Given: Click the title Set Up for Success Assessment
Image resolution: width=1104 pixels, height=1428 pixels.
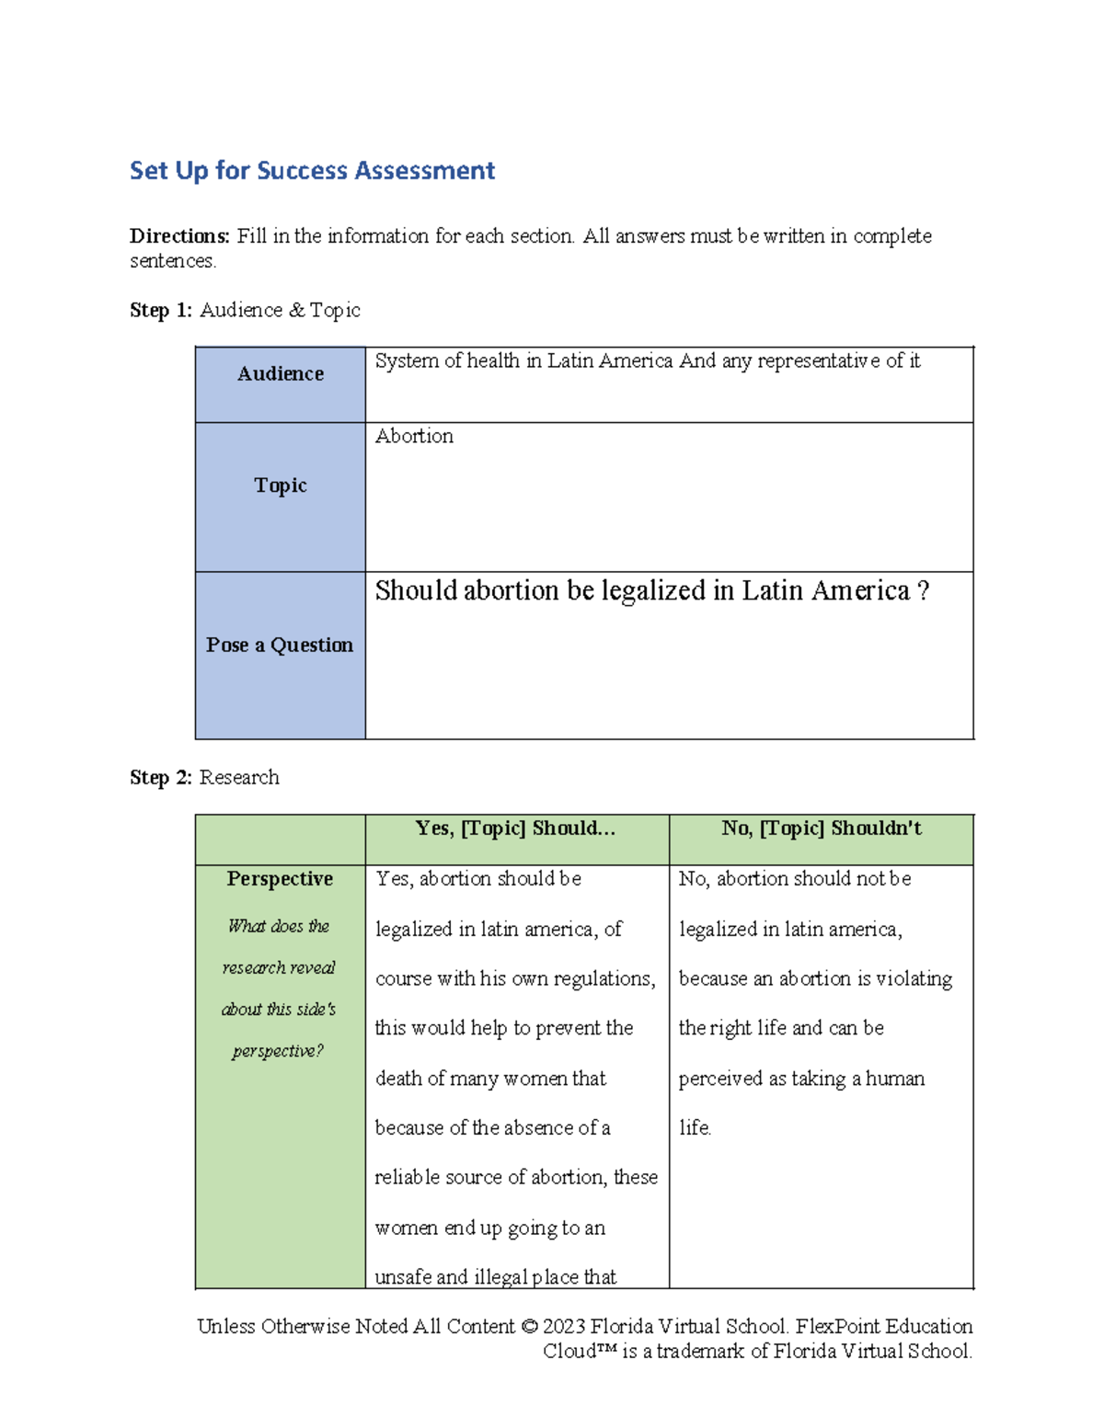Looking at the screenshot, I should click(x=312, y=171).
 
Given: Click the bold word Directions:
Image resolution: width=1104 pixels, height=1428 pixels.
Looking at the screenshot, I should click(x=178, y=236).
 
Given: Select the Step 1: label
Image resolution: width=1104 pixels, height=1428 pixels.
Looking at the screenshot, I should click(x=161, y=311).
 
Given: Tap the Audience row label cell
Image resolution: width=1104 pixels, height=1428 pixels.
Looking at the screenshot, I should click(x=281, y=374).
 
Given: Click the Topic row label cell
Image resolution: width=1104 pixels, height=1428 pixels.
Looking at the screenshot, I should click(x=281, y=486).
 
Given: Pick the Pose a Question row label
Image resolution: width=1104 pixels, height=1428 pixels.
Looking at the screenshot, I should click(x=280, y=645).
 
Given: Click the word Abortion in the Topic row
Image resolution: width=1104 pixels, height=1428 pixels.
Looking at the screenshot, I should click(x=414, y=437).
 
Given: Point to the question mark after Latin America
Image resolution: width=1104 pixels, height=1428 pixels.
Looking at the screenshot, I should click(x=924, y=591).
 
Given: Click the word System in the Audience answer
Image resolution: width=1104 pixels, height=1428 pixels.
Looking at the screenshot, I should click(x=407, y=361).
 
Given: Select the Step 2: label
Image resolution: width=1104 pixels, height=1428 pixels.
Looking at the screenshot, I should click(x=161, y=778).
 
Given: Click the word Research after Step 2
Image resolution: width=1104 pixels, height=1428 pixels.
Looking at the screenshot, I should click(x=239, y=778).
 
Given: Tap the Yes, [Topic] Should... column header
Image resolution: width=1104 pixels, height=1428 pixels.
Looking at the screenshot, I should click(x=515, y=828).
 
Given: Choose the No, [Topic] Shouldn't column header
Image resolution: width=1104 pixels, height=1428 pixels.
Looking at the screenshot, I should click(x=821, y=828).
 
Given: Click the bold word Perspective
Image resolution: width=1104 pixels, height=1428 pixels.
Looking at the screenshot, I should click(x=280, y=879).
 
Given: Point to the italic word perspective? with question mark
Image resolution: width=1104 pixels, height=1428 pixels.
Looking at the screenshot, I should click(x=278, y=1051).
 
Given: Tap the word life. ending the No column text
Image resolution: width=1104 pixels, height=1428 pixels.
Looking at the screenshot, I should click(x=695, y=1128).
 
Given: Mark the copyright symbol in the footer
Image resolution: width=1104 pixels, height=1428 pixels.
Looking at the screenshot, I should click(x=528, y=1327).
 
